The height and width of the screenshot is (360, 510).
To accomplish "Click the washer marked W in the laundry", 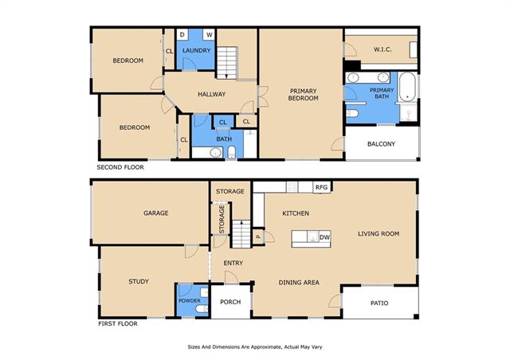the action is click(x=209, y=34).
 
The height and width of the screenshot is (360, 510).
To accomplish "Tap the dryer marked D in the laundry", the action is click(x=182, y=34).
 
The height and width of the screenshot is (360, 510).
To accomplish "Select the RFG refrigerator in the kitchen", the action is click(x=322, y=187).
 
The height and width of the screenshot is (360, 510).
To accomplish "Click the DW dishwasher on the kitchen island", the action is click(x=324, y=237).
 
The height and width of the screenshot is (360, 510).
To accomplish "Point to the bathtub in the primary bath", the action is click(x=407, y=87).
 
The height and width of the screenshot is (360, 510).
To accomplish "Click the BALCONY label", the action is click(x=381, y=143).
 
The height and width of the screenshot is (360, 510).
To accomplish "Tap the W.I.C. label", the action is click(x=382, y=49).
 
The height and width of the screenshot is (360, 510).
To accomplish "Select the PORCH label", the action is click(x=230, y=302).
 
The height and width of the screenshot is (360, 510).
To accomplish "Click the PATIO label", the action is click(x=379, y=303).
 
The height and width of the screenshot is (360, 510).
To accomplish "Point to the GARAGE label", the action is click(x=156, y=213).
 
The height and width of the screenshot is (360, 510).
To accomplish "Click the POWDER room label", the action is click(x=190, y=301).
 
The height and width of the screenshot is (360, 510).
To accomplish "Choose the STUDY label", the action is click(x=139, y=281).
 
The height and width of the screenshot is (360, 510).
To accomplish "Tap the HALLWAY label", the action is click(x=212, y=94).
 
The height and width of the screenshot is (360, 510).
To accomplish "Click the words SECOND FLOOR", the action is click(x=120, y=167).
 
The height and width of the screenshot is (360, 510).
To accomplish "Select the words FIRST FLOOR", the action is click(x=118, y=323).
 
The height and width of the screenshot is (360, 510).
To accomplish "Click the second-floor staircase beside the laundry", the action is click(x=226, y=63).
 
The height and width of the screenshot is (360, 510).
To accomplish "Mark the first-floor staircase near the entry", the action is click(x=241, y=234).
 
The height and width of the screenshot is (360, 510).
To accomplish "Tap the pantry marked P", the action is click(x=258, y=237).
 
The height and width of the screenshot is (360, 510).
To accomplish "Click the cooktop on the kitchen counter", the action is click(x=292, y=187).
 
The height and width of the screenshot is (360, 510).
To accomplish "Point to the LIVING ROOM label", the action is click(x=379, y=233).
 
